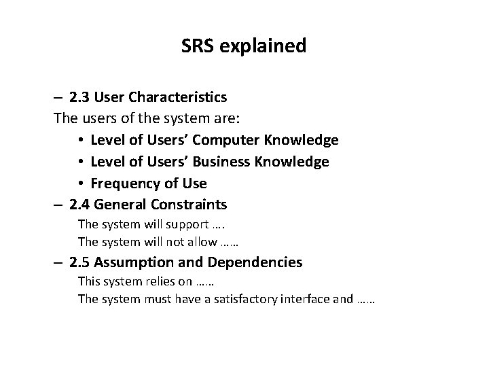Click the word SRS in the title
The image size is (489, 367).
[198, 46]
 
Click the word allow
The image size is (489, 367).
[202, 241]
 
